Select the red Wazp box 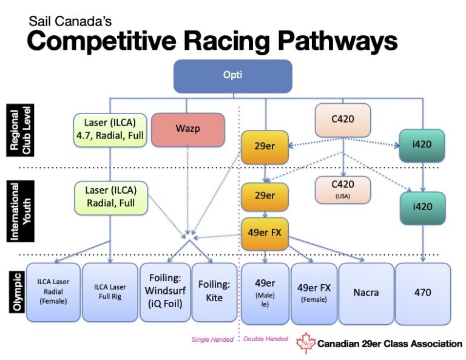click(187, 129)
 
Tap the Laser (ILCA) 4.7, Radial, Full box click(110, 129)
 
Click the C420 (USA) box click(343, 189)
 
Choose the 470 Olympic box click(423, 292)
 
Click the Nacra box click(366, 292)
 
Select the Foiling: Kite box click(214, 292)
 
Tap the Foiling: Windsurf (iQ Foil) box click(165, 292)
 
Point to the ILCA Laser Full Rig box click(110, 292)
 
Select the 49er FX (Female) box click(314, 292)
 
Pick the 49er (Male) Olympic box click(265, 292)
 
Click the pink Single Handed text click(212, 339)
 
